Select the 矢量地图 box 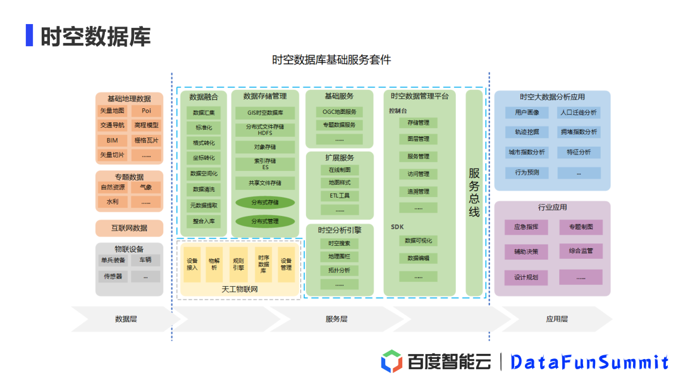pos(113,111)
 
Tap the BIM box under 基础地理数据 pos(113,140)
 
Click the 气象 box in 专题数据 pos(146,187)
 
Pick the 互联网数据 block pos(129,228)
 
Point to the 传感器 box pos(113,276)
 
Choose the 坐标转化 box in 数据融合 pos(204,158)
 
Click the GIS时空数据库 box pos(265,113)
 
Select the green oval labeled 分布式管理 pos(265,222)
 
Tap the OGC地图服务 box pos(340,112)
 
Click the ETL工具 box pos(340,196)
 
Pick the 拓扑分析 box pos(340,270)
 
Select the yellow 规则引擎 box pos(238,264)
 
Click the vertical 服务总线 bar pos(474,192)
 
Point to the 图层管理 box pos(418,139)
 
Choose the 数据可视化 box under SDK pos(418,241)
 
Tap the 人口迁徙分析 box pos(579,113)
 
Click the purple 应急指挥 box pos(526,227)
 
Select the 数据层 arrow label pos(125,319)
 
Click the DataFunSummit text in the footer pos(589,362)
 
